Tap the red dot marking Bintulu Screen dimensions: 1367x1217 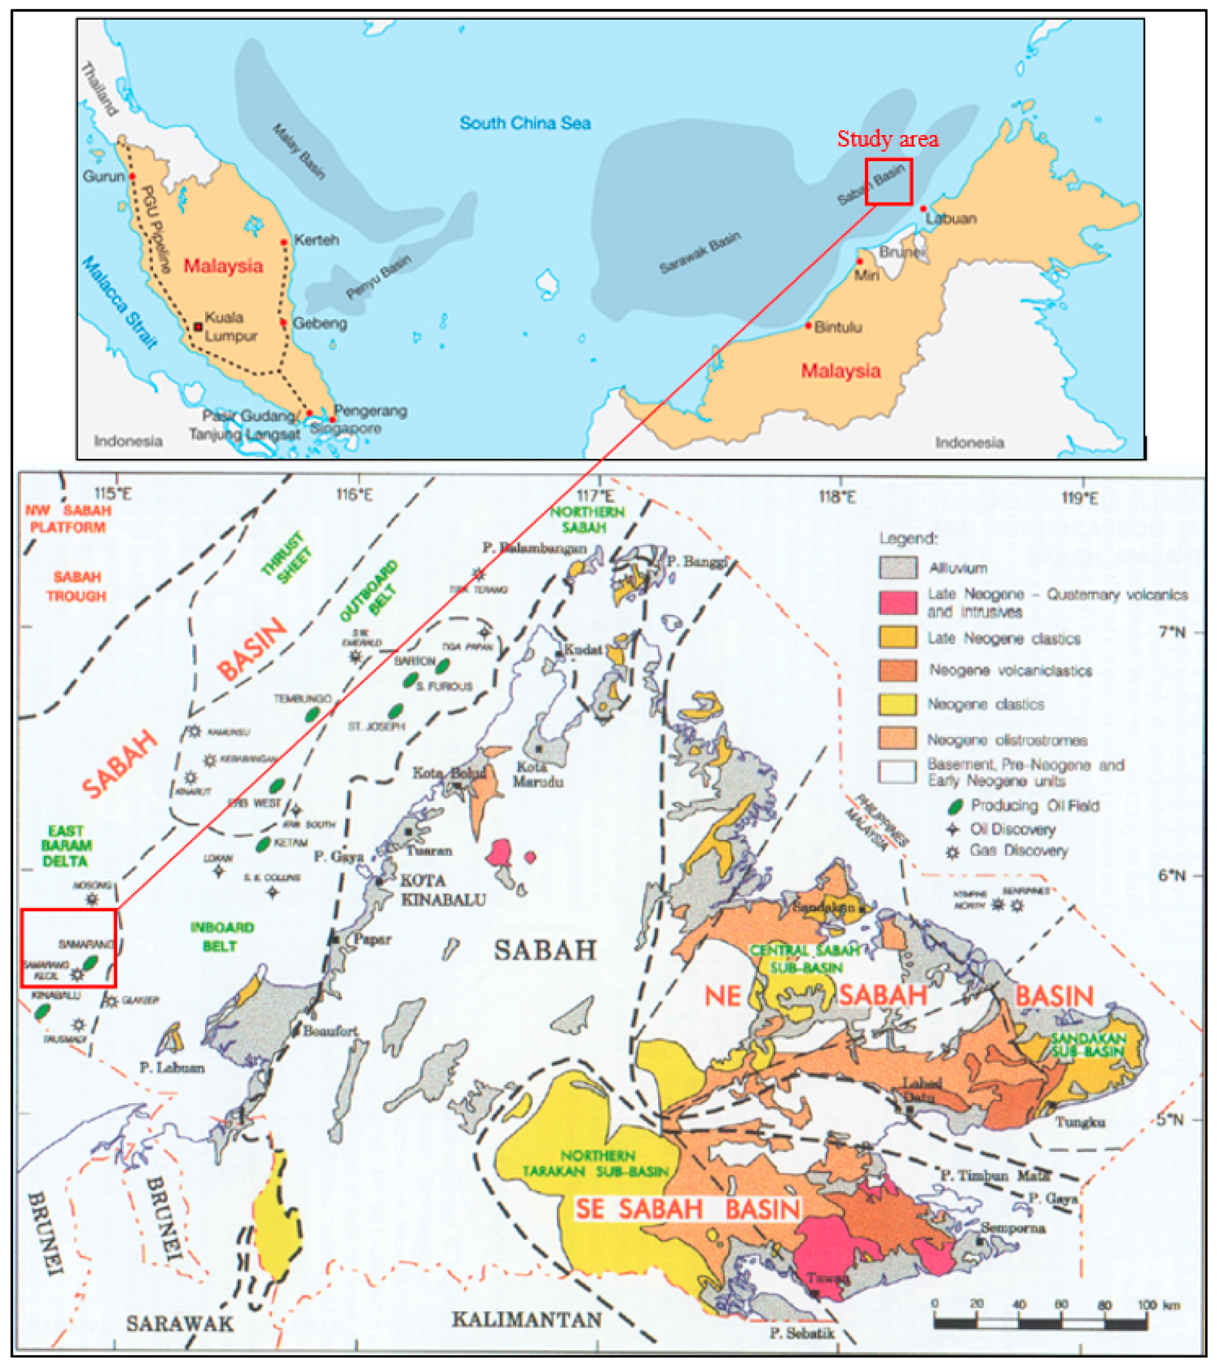pos(808,326)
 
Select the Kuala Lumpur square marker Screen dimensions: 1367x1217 pos(198,327)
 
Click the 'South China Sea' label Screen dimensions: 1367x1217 pos(525,123)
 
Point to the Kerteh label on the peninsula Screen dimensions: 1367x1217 pos(316,239)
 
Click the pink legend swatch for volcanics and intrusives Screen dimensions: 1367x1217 pos(897,603)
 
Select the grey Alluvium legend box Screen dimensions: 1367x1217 pos(897,568)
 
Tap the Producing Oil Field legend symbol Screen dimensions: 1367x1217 pos(955,806)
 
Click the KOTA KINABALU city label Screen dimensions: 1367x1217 pos(442,889)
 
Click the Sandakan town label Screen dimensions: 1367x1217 pos(822,908)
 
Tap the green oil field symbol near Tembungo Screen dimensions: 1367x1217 pos(312,714)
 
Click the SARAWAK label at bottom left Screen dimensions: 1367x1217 pos(179,1324)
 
